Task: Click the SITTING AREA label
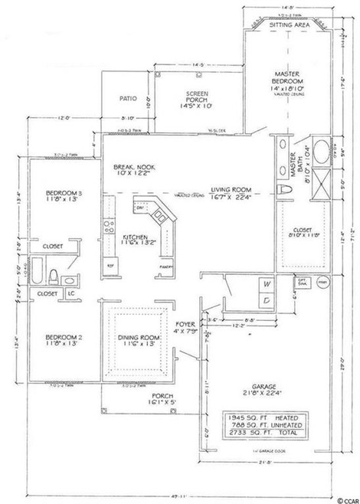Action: pos(288,25)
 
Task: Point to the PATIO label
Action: pos(128,98)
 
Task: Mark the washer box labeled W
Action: pos(267,283)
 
